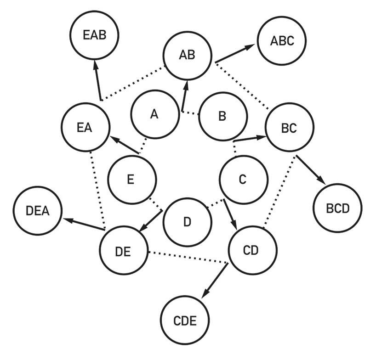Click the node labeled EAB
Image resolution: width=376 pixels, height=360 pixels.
(x=95, y=35)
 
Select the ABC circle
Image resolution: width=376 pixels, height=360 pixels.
(x=282, y=41)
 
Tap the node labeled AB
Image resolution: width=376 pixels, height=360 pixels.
(x=188, y=55)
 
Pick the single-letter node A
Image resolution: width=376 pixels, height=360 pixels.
(x=155, y=114)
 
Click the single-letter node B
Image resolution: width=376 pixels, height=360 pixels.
(x=223, y=117)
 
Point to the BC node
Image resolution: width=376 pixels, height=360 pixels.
(x=290, y=128)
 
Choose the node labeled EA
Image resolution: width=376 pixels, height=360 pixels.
(x=85, y=127)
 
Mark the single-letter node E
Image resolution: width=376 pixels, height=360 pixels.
(x=132, y=180)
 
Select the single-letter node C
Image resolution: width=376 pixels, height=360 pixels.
(x=244, y=180)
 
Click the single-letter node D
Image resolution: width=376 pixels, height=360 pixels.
(x=188, y=222)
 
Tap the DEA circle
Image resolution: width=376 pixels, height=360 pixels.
(x=38, y=211)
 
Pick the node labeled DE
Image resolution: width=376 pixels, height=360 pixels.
(x=124, y=250)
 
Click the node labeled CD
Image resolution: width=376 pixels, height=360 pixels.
(x=253, y=250)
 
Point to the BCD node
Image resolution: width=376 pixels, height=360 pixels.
(x=338, y=208)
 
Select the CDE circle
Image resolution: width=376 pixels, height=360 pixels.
(x=185, y=320)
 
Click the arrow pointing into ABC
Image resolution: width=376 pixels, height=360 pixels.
(x=235, y=53)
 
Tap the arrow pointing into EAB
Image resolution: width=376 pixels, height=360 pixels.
(x=98, y=80)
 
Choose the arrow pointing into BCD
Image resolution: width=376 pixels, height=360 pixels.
(x=311, y=170)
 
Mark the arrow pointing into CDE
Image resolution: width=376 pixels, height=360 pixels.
(x=215, y=281)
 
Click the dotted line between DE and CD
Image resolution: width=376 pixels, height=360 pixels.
(x=188, y=258)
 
